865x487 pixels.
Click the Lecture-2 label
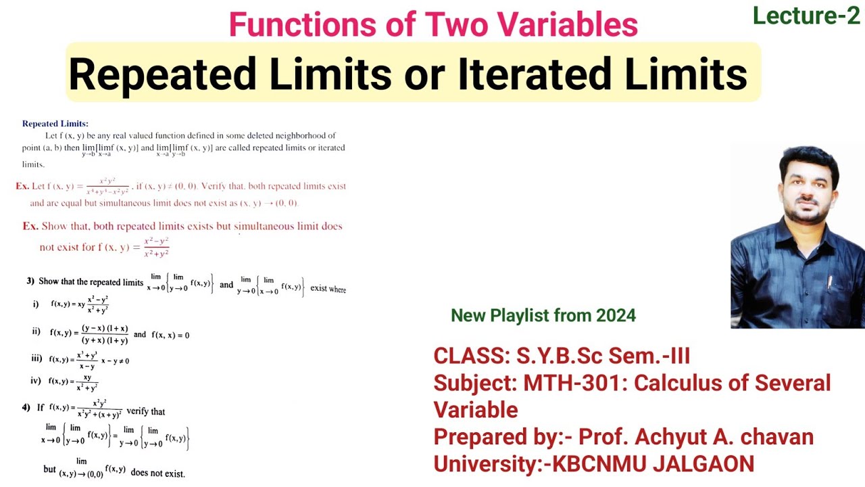806,16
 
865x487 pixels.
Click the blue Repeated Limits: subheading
55,124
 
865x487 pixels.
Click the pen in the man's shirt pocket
829,281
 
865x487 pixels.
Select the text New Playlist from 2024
543,315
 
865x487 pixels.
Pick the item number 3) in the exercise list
30,281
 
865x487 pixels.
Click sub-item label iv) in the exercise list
36,381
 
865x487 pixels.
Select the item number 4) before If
26,408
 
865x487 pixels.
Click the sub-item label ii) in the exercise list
36,331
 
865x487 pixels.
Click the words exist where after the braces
328,289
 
